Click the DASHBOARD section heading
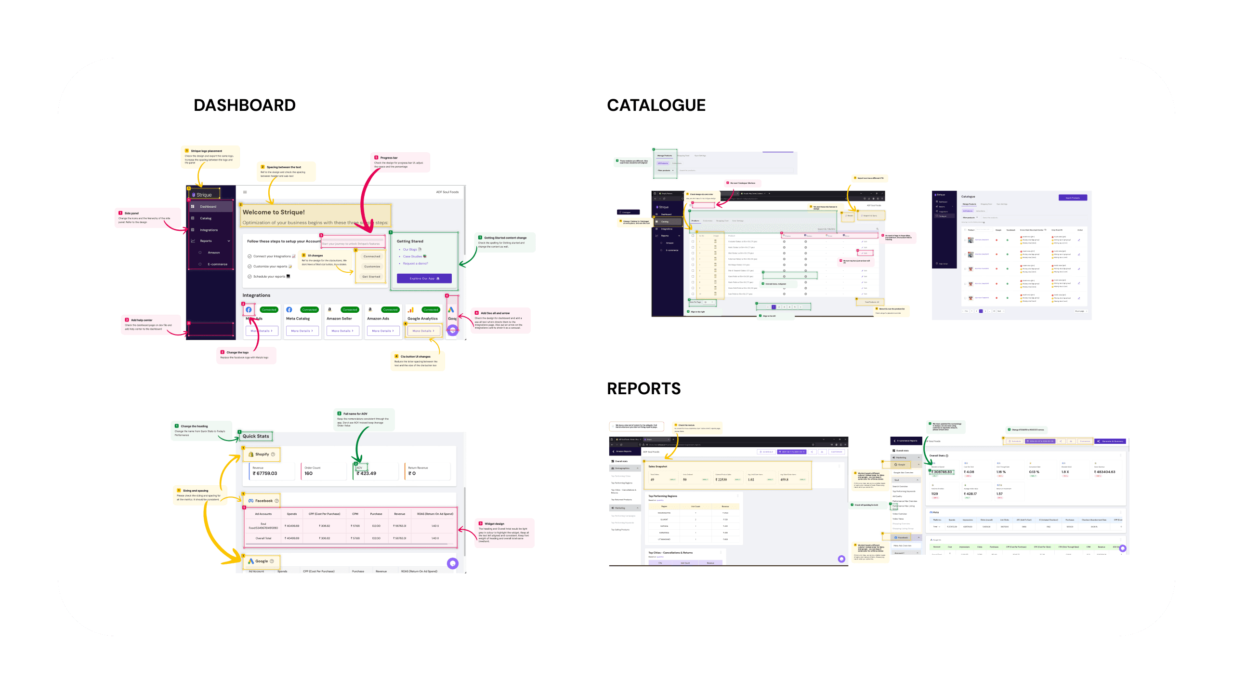(245, 105)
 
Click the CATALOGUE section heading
(656, 105)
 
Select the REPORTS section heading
(643, 388)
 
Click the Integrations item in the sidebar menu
(209, 230)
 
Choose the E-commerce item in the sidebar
(217, 264)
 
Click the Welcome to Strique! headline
(274, 212)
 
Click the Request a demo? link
(415, 264)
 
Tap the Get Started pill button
(371, 277)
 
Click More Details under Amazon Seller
(342, 331)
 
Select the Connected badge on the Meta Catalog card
(309, 310)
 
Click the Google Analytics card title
(422, 319)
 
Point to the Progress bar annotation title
(389, 158)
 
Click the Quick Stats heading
(256, 436)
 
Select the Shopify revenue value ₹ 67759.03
(265, 474)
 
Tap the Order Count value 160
(308, 474)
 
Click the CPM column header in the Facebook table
(355, 514)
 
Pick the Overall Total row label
(263, 538)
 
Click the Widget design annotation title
(494, 523)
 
